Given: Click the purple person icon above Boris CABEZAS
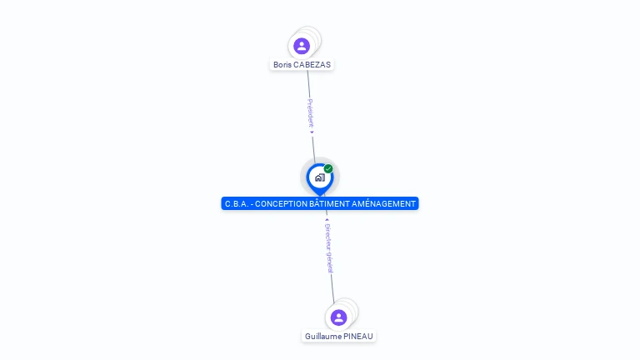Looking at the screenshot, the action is tap(302, 46).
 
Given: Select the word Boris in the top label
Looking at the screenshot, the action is tap(282, 65).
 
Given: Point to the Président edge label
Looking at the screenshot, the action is tap(311, 112).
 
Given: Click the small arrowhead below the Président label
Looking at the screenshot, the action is tap(312, 132).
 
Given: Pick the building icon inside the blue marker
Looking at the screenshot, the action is tap(319, 177).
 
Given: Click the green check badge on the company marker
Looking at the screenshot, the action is tap(328, 169).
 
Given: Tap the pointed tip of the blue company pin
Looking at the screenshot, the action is tap(319, 194).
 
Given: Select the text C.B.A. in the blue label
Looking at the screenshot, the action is tap(237, 204).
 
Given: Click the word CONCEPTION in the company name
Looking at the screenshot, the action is tap(284, 204).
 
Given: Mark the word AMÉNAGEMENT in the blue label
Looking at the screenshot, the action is tap(387, 204).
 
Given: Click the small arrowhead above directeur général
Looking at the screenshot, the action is tap(327, 220).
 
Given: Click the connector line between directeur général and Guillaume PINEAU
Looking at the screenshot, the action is tap(333, 287).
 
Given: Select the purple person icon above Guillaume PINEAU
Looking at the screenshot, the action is tap(338, 317).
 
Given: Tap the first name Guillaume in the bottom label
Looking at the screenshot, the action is tap(323, 337).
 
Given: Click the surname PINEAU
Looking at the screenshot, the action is tap(358, 337).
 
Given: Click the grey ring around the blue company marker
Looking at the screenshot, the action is tap(305, 166).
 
